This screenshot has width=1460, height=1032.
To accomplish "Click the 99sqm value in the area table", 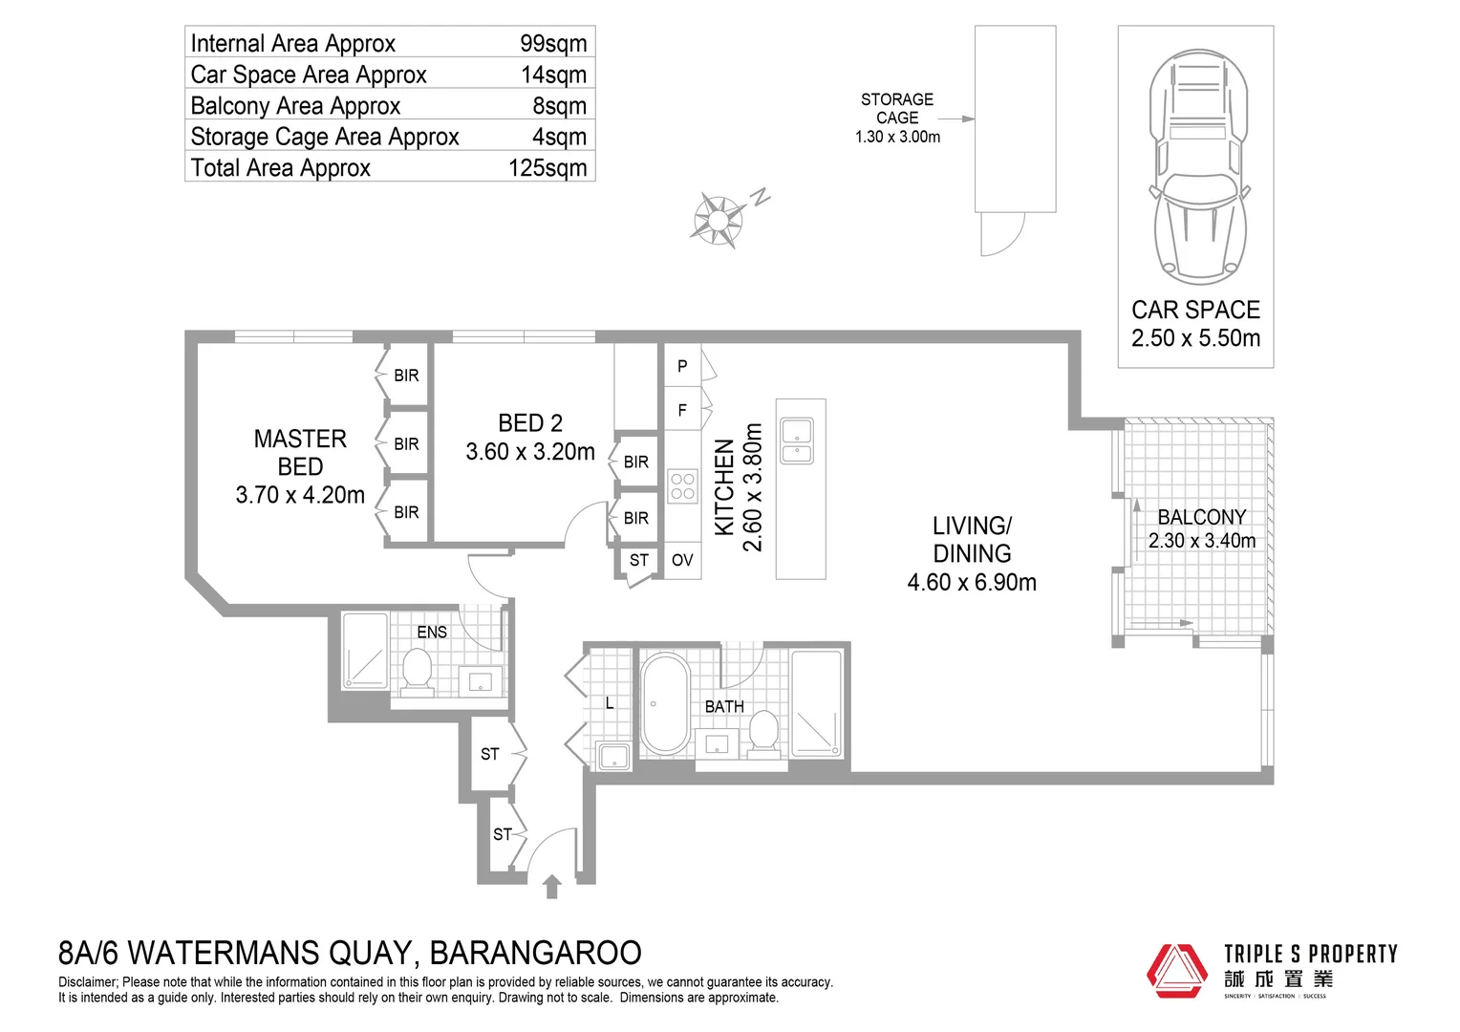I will (x=552, y=43).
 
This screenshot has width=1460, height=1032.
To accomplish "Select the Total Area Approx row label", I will (x=280, y=168).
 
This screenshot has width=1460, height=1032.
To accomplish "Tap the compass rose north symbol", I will (x=718, y=219).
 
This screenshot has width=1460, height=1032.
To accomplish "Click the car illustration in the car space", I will (x=1199, y=167).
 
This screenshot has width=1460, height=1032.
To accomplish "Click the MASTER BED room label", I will (x=300, y=453).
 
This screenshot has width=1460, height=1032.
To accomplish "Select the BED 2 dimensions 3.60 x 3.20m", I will (x=530, y=452).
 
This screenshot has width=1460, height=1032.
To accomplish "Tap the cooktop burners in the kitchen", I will (x=682, y=486).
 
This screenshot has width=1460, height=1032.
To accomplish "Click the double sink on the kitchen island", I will (x=797, y=441).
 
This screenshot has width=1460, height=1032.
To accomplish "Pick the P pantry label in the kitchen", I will (x=682, y=366).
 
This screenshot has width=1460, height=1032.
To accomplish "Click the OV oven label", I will (x=682, y=560).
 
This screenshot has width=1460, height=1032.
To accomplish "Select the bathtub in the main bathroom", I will (x=665, y=704).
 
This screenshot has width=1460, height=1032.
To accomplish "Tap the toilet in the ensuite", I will (x=417, y=670).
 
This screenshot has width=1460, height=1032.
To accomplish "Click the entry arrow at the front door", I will (x=551, y=887).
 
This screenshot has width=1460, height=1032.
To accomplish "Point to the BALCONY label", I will (x=1201, y=517).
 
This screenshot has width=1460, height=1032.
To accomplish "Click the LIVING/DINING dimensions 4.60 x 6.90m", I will (x=972, y=582).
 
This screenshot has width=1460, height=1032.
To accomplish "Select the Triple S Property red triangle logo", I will (x=1177, y=971).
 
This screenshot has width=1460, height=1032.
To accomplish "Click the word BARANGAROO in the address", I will (x=535, y=953).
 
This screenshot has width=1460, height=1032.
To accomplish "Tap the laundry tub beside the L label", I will (x=612, y=756).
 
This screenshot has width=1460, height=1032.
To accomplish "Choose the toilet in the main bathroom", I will (x=762, y=732).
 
